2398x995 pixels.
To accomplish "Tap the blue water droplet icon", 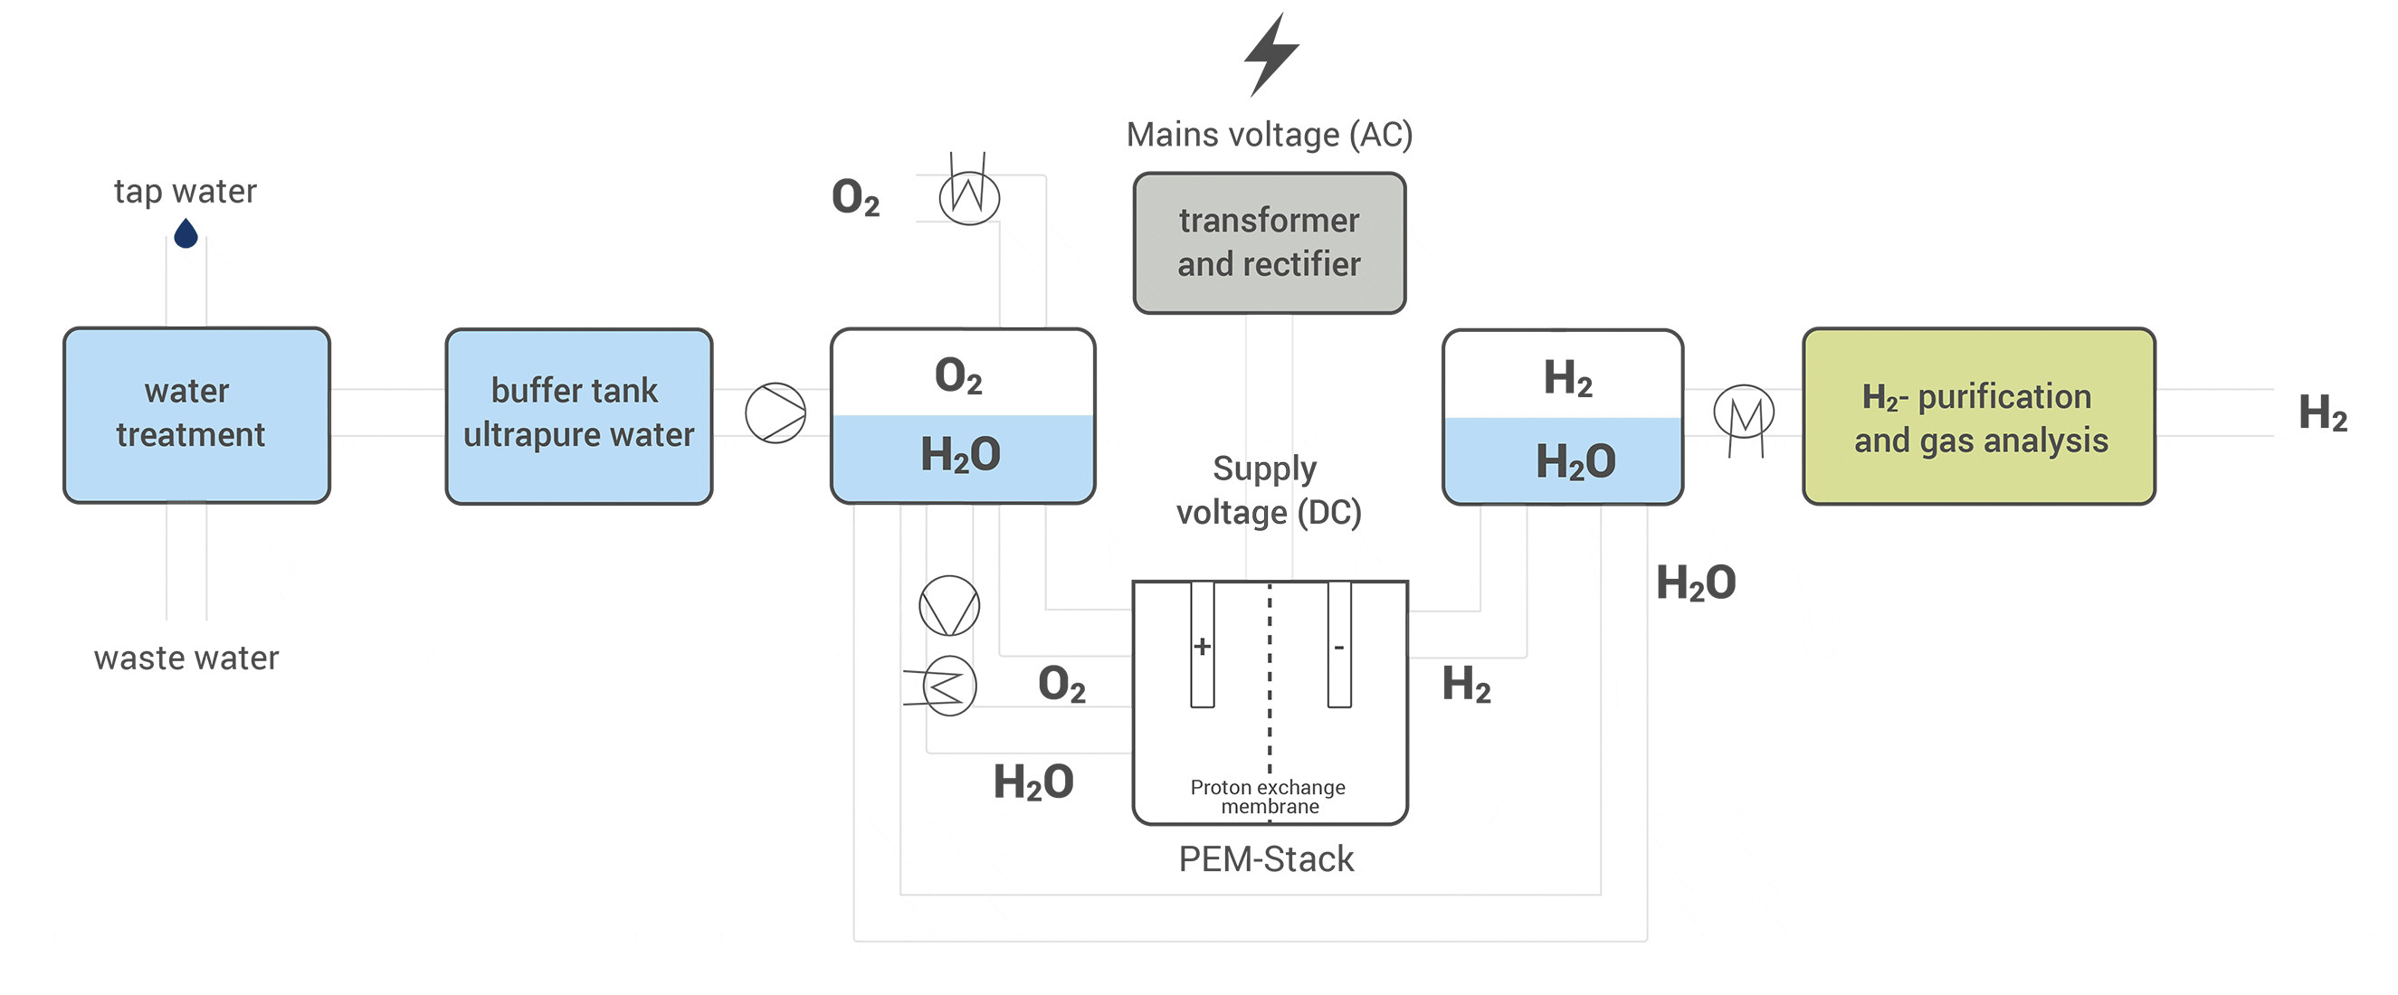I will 186,233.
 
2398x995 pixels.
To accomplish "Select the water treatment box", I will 196,414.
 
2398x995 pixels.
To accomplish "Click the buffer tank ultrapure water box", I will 578,415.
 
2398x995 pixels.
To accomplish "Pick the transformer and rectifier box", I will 1269,243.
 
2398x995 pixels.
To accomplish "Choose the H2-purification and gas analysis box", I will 1978,416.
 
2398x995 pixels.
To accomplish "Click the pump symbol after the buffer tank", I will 776,412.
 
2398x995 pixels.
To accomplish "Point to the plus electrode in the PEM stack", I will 1202,645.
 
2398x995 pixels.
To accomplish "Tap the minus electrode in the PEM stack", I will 1338,645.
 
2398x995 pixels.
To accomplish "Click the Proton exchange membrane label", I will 1268,796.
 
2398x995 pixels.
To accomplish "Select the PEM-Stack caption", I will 1266,859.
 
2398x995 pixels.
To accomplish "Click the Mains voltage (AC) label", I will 1269,135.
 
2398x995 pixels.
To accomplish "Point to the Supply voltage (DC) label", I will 1268,490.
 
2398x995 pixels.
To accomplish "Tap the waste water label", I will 186,659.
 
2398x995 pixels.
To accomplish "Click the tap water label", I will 186,191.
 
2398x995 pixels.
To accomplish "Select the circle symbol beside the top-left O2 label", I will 969,196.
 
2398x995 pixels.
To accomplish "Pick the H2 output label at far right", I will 2322,412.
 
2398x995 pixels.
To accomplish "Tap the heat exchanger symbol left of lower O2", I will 948,687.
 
